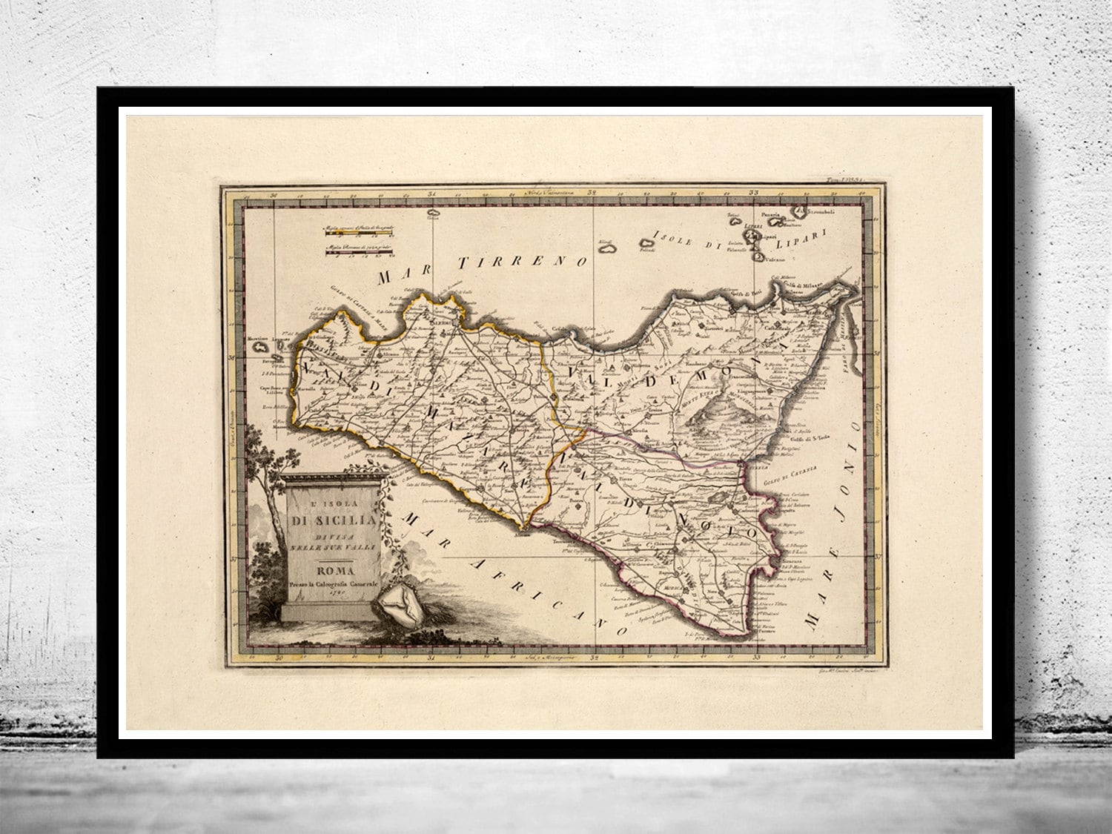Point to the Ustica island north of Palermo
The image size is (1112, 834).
click(433, 216)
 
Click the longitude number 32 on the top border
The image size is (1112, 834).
click(591, 193)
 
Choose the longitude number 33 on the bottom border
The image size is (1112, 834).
click(756, 657)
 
